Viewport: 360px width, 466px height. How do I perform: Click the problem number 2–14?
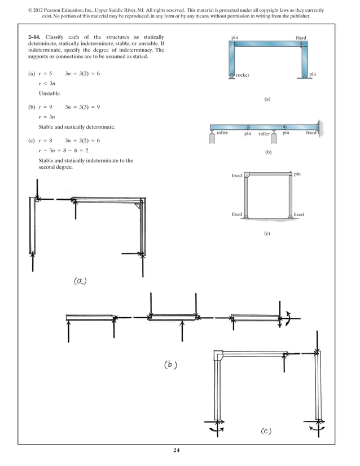coord(34,37)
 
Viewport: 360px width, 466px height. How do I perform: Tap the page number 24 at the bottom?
coord(180,450)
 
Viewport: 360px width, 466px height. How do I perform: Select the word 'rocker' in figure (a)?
coord(243,75)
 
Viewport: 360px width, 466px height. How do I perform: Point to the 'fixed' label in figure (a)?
coord(301,38)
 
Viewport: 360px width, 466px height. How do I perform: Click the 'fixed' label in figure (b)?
coord(311,133)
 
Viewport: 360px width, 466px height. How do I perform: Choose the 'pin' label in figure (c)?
coord(297,174)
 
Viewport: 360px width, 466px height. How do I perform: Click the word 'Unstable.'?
coord(50,93)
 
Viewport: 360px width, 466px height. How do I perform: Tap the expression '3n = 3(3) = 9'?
coord(82,106)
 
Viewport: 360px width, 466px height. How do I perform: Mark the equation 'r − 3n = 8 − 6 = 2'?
coord(63,151)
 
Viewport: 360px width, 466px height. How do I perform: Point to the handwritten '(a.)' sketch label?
coord(80,281)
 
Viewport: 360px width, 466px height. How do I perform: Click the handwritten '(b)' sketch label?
coord(171,364)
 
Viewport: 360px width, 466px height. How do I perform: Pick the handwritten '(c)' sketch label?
coord(266,432)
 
